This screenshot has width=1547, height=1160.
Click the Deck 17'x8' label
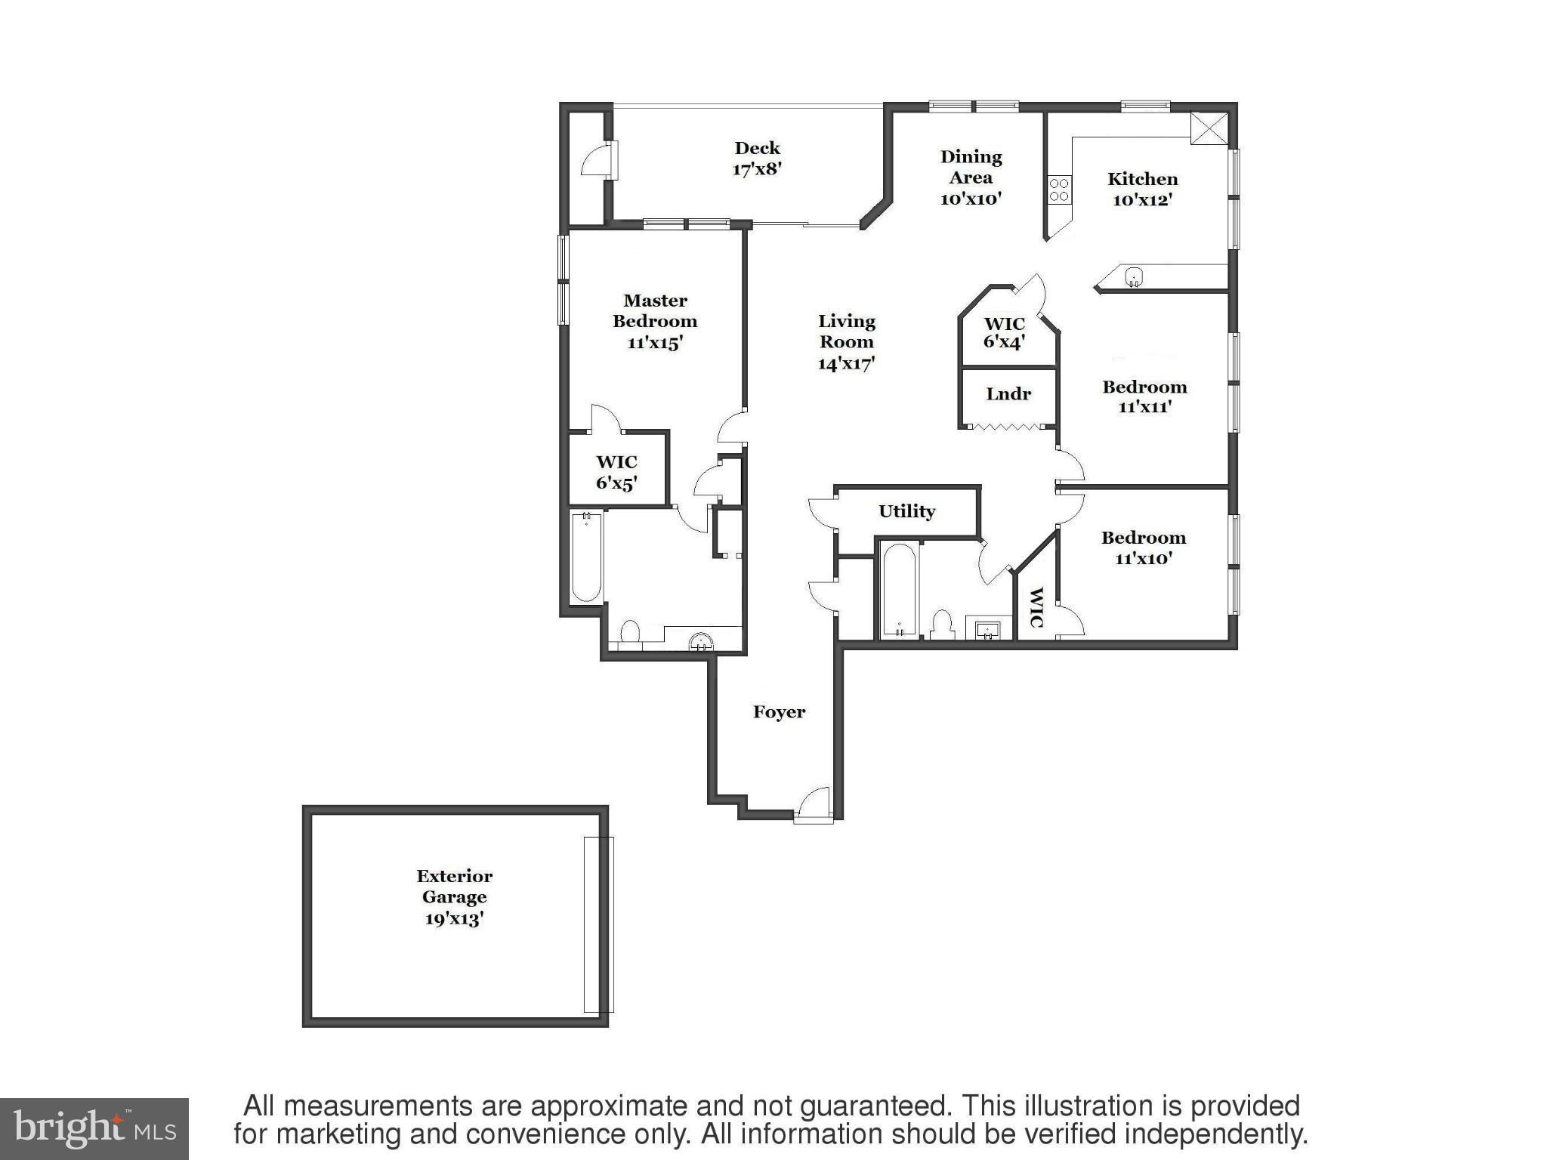coord(757,159)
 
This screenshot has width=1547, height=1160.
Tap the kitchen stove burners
coord(1059,190)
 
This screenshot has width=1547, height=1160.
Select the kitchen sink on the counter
coord(1134,277)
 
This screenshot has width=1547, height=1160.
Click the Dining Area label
coord(971,177)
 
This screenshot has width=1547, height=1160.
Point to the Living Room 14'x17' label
coord(846,342)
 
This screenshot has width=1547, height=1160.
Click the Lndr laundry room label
coord(1008,394)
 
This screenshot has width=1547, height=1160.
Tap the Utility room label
coord(906,511)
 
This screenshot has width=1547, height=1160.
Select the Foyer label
coord(779,712)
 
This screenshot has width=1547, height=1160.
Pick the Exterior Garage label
coord(454,897)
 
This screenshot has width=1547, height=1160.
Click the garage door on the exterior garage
coord(598,924)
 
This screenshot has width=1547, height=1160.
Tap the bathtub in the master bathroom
coord(586,557)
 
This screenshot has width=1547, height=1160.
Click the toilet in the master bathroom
coord(629,633)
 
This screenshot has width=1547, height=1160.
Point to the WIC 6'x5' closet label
coord(616,473)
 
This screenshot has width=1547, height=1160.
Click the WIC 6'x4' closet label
coord(1004,333)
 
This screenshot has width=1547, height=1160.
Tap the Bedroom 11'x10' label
coord(1143,548)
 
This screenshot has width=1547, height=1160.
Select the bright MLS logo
coord(94,1128)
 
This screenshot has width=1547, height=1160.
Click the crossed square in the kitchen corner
coord(1209,128)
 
